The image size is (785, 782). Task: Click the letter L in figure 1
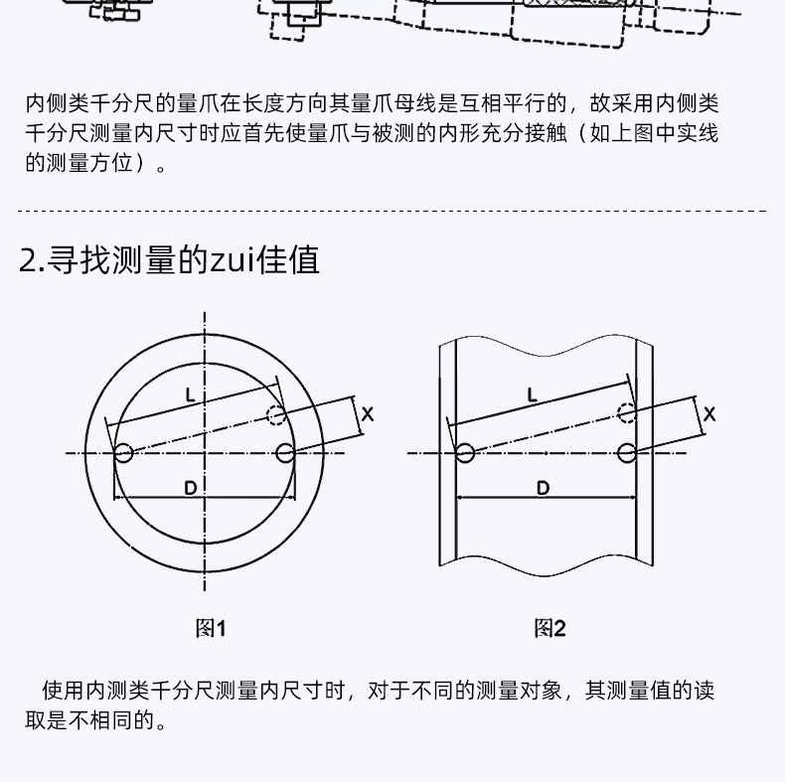pos(190,395)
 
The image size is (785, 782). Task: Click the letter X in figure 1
pos(368,414)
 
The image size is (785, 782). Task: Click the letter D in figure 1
pos(190,488)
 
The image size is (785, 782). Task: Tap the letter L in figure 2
pos(533,395)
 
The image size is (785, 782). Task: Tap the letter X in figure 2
pos(709,414)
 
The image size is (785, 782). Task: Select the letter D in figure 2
pos(544,488)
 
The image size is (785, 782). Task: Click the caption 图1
pos(211,628)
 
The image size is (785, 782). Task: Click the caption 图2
pos(549,628)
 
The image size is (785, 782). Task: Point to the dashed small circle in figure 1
pos(276,415)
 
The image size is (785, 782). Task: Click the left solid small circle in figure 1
pos(123,453)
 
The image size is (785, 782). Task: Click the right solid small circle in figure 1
pos(285,453)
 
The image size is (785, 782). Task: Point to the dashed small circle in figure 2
pos(627,413)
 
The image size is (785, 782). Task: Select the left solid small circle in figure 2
pos(465,453)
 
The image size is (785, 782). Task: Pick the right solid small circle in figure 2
pos(627,453)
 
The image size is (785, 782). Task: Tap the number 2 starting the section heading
pos(27,260)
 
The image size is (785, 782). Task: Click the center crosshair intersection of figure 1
pos(205,453)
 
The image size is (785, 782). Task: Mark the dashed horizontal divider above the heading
pos(392,212)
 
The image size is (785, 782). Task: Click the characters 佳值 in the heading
pos(288,259)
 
